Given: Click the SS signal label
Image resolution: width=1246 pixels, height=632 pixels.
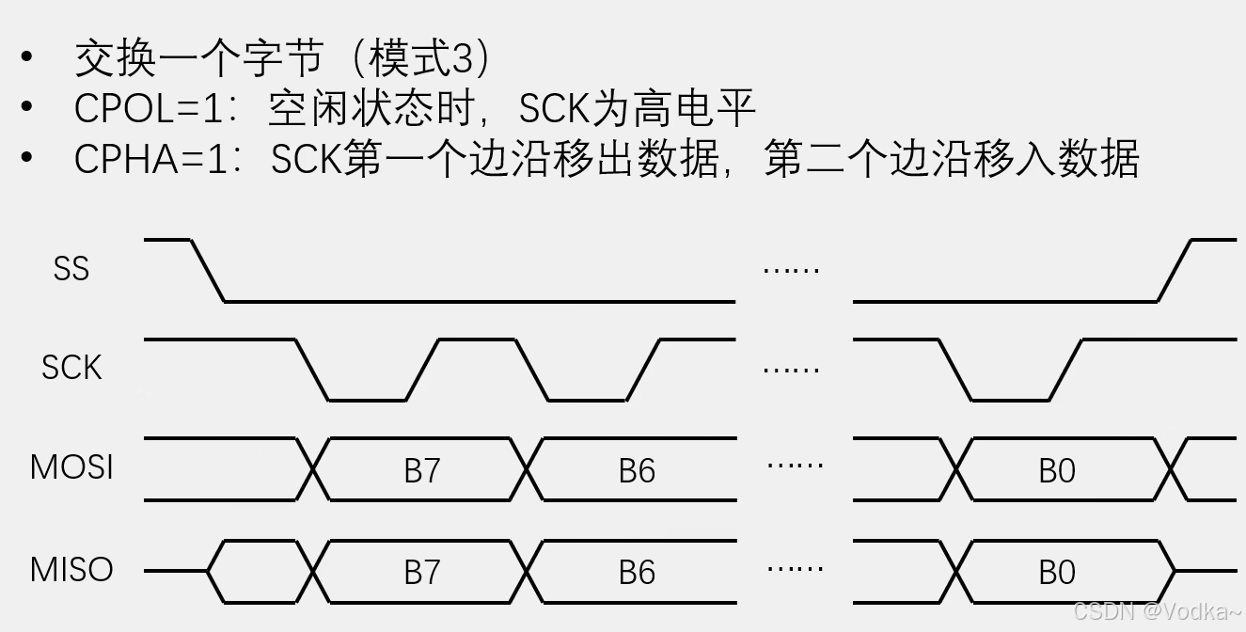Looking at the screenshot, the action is (x=71, y=269).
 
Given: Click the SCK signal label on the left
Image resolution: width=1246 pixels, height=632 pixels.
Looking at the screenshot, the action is (x=71, y=368).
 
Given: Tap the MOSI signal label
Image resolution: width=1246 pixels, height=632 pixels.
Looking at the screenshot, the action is (x=71, y=467).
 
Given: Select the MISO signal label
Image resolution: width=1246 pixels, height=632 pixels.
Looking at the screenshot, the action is (x=71, y=569).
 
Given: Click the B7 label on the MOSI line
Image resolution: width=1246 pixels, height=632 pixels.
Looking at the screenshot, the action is (x=422, y=470).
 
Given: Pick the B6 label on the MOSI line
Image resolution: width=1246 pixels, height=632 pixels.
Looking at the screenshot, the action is (x=637, y=470).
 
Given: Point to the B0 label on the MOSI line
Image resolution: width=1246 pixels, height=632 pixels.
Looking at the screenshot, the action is (x=1057, y=470).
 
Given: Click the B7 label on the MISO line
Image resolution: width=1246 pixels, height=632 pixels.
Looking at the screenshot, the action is (x=422, y=572).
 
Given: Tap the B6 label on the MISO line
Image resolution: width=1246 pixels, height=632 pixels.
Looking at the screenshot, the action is (x=637, y=572).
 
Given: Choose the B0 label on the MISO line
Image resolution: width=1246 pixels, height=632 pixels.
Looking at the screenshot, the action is (x=1057, y=572).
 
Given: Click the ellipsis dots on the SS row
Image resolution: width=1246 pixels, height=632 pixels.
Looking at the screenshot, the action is (x=791, y=271).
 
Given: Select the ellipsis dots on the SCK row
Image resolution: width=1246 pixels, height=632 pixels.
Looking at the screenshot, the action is (x=791, y=370).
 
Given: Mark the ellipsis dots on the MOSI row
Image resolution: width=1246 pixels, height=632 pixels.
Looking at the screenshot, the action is (x=796, y=465).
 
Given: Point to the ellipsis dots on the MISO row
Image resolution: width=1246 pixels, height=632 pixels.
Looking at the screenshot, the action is (x=796, y=567).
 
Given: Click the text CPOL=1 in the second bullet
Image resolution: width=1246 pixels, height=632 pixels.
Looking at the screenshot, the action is (x=150, y=109).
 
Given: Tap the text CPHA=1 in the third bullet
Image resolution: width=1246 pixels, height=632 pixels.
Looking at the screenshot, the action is (x=151, y=159).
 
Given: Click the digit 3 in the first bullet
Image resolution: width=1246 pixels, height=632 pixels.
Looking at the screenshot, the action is (x=461, y=60).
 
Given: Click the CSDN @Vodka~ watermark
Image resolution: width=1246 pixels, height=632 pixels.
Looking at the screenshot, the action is (x=1156, y=611).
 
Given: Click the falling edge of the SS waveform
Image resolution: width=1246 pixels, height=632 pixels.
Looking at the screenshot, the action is (x=208, y=271).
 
